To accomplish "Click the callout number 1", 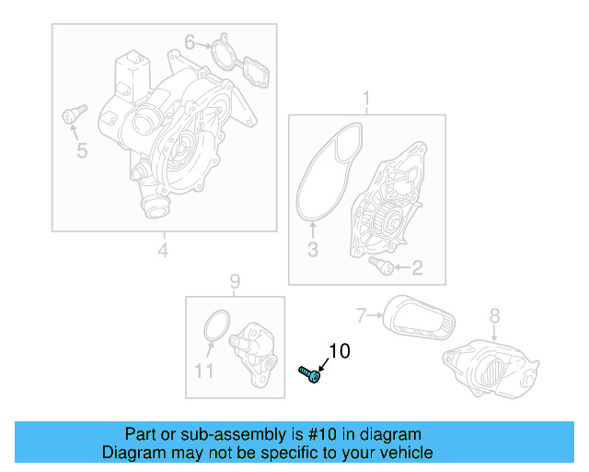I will tap(366, 99).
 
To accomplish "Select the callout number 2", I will tap(416, 268).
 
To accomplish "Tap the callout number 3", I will tap(312, 249).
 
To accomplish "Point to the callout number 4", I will tap(163, 250).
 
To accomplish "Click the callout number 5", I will tap(82, 150).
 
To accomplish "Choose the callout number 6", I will tap(190, 41).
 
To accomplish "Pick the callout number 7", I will tap(362, 315).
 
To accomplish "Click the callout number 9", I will tap(234, 280).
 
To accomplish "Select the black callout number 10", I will tap(340, 351).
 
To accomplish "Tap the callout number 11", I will tap(204, 371).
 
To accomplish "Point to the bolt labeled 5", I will tap(71, 115).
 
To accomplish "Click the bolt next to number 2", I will tap(381, 265).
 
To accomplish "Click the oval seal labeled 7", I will tap(419, 316).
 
